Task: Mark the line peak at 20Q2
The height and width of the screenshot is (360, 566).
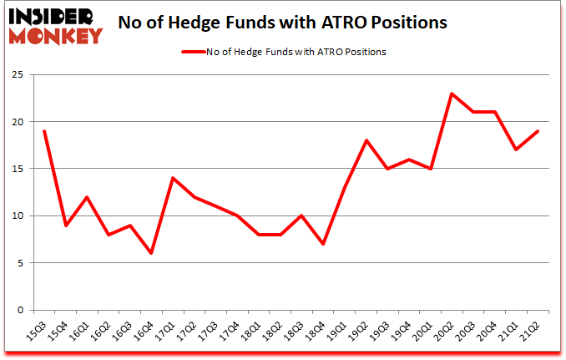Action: [x=452, y=94]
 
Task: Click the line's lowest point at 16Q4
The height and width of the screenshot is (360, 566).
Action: [x=152, y=253]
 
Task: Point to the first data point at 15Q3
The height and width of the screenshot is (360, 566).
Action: [x=44, y=131]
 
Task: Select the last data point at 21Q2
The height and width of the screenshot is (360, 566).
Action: [x=538, y=131]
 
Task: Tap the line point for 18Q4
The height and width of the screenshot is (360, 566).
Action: [x=323, y=244]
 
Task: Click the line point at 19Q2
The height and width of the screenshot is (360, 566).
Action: [x=366, y=140]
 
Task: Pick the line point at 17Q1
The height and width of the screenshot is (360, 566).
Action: [x=173, y=178]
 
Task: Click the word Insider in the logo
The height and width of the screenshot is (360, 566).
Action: [x=53, y=16]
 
